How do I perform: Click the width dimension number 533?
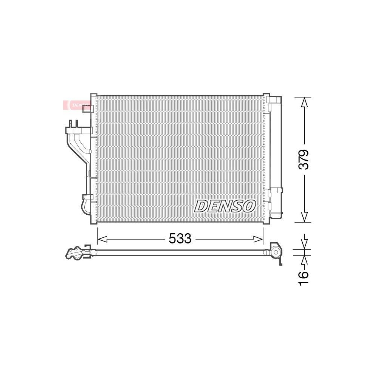pyautogui.click(x=180, y=239)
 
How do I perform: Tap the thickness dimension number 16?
pyautogui.click(x=304, y=279)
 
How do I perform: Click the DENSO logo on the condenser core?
pyautogui.click(x=225, y=206)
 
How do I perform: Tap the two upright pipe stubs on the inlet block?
pyautogui.click(x=73, y=124)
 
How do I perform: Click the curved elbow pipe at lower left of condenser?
pyautogui.click(x=85, y=206)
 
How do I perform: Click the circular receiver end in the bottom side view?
pyautogui.click(x=276, y=252)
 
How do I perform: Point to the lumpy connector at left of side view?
pyautogui.click(x=76, y=253)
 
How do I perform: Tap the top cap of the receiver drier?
pyautogui.click(x=275, y=100)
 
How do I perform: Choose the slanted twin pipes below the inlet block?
pyautogui.click(x=78, y=146)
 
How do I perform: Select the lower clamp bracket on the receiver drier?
pyautogui.click(x=275, y=191)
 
